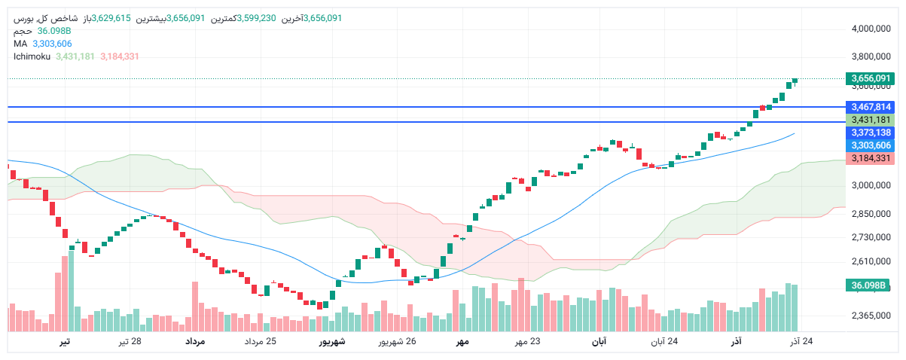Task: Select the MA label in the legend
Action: click(x=20, y=44)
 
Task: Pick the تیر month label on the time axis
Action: click(x=66, y=342)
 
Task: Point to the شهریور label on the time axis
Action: click(x=331, y=342)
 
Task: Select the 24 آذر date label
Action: click(x=801, y=342)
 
